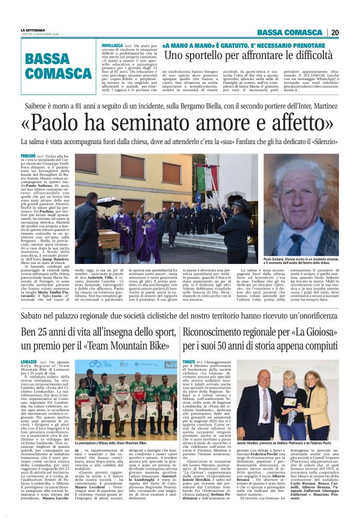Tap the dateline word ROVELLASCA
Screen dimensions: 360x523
[112, 46]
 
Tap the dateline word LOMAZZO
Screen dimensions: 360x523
[30, 361]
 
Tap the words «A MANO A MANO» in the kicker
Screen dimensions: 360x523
[186, 46]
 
